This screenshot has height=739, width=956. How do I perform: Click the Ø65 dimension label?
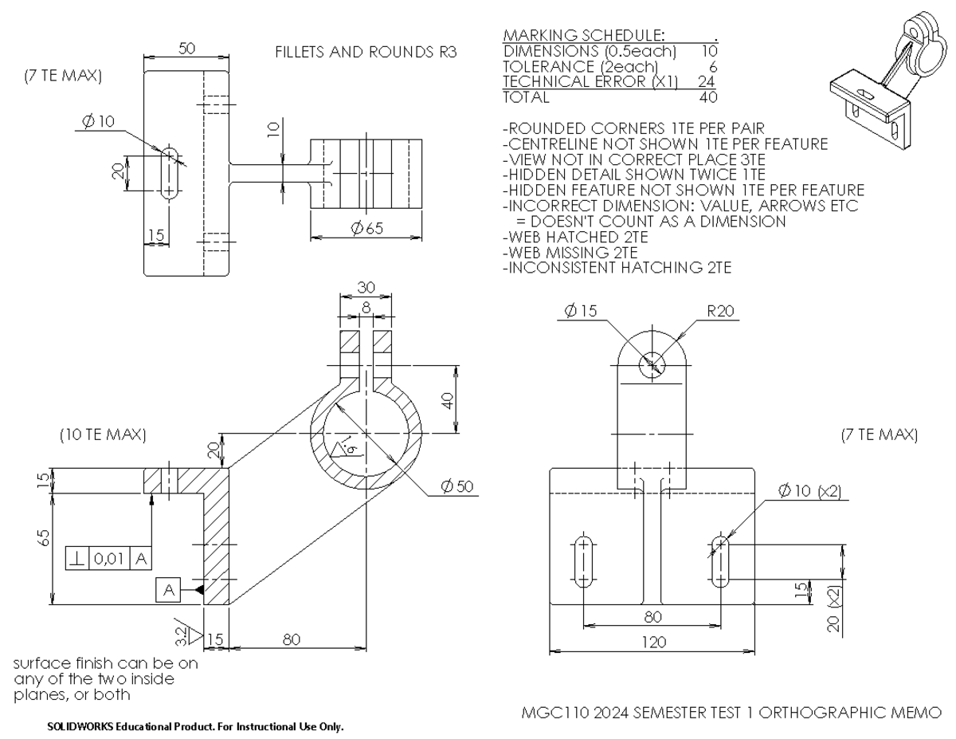pos(366,229)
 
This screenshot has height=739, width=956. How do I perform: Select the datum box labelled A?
pos(168,589)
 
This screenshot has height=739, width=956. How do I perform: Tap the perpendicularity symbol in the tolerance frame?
pos(77,559)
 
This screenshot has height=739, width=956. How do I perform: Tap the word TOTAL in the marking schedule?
pos(525,97)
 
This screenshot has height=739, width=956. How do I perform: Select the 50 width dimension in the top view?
pos(186,49)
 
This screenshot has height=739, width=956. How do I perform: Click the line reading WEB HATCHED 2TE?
pos(575,237)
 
